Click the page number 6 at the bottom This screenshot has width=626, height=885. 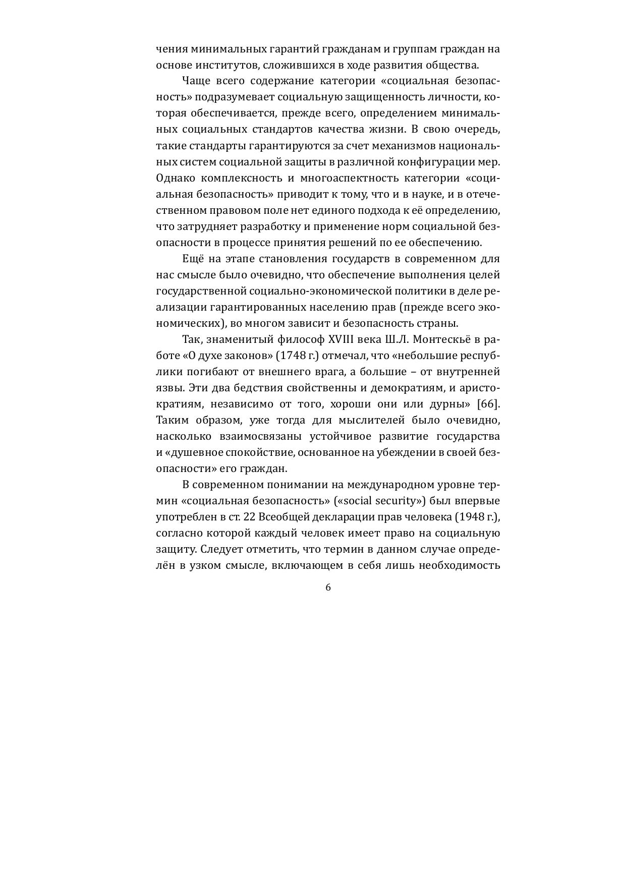(x=328, y=587)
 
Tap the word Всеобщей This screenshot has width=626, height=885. (x=283, y=517)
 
